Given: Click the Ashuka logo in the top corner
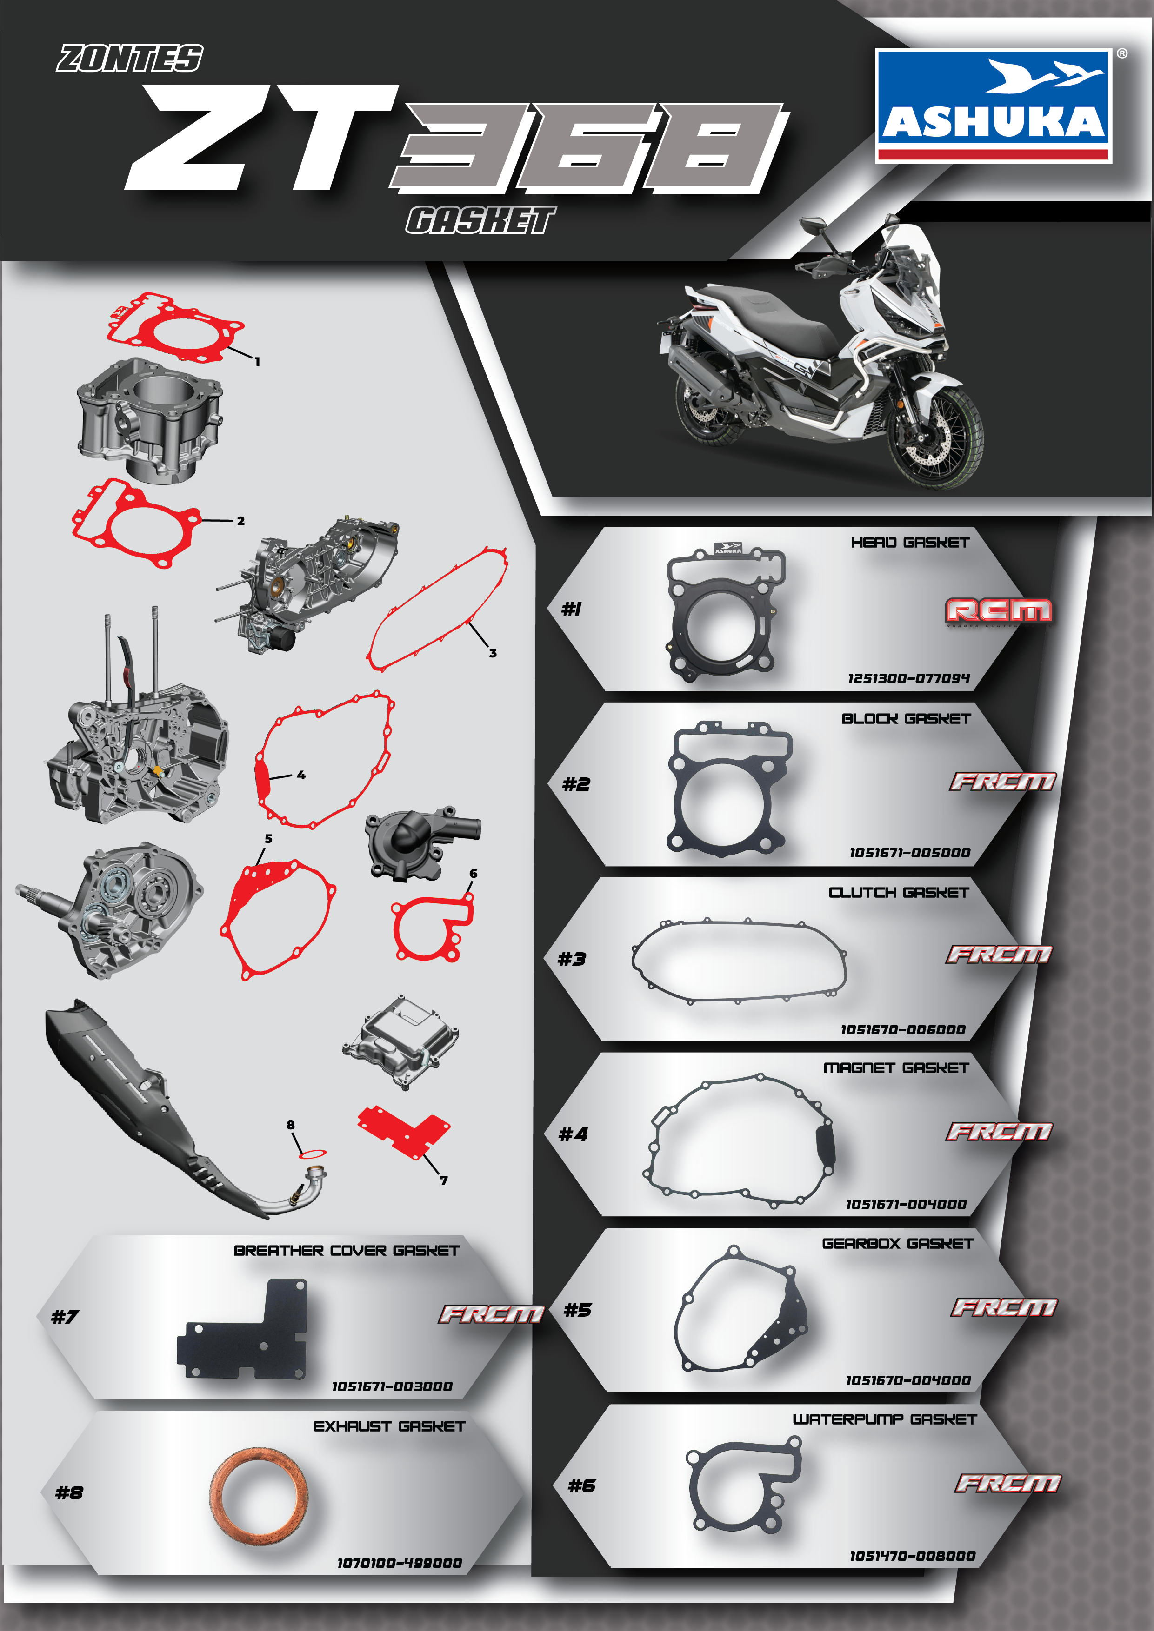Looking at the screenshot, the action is [x=994, y=106].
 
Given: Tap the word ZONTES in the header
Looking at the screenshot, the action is [x=130, y=58].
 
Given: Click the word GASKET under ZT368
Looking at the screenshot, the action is [x=480, y=220].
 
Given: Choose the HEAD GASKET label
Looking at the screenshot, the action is [x=910, y=543].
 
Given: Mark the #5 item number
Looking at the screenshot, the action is [x=577, y=1310].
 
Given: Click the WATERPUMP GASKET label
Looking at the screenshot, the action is [x=885, y=1419].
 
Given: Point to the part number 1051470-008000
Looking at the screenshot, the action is [x=913, y=1556].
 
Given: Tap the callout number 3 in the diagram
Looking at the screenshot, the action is [x=493, y=653].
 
